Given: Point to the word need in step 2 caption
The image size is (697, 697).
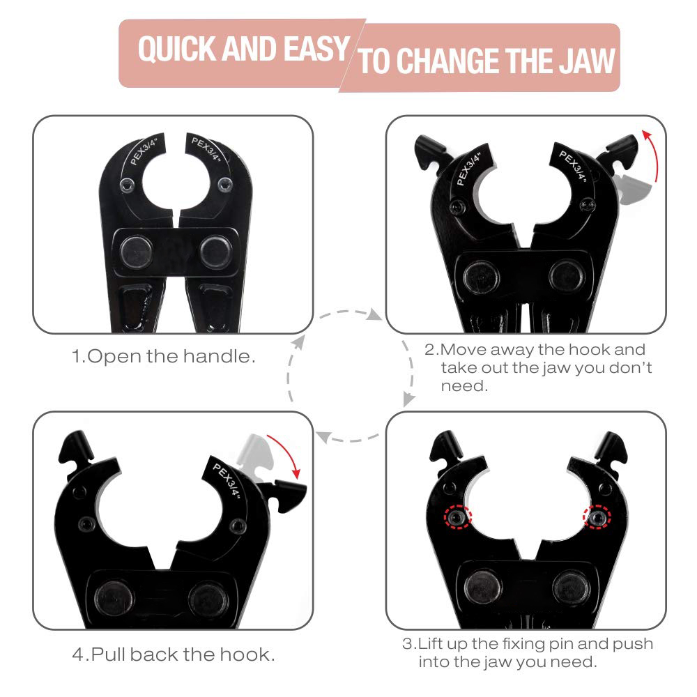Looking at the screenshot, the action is coord(464,386).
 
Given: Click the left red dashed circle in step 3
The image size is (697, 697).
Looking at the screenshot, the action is coord(458,517).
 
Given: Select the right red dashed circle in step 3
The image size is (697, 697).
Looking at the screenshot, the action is coord(597,517).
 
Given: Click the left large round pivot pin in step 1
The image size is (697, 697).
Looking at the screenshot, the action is coord(137,252).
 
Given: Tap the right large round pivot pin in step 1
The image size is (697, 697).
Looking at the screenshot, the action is coord(215,252).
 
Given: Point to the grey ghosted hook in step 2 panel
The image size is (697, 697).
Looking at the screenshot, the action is coord(634,188).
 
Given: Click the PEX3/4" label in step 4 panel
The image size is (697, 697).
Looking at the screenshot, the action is coord(227,481).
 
